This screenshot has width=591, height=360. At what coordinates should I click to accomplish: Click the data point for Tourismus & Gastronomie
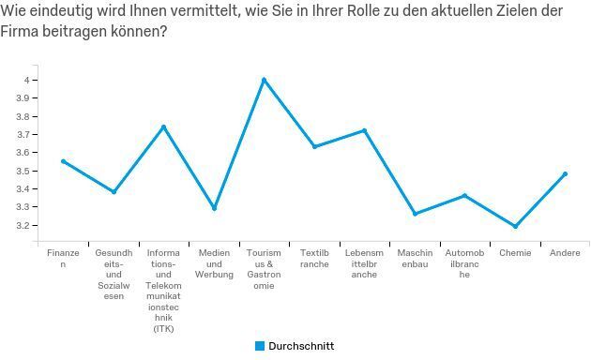click(264, 80)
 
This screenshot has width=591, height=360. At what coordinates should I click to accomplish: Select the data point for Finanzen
click(64, 161)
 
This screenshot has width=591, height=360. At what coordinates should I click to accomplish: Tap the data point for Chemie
click(515, 226)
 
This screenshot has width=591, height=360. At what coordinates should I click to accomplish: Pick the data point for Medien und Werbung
click(214, 208)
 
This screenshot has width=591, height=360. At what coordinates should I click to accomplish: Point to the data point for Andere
click(565, 173)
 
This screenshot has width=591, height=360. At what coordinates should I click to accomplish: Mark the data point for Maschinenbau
click(415, 214)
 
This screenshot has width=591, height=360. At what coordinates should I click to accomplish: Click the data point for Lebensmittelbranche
click(364, 130)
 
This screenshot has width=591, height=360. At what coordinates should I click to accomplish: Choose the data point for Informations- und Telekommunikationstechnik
click(163, 127)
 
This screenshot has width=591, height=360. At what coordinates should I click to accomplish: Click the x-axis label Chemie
click(515, 253)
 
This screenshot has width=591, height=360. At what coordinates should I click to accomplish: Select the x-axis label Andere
click(565, 253)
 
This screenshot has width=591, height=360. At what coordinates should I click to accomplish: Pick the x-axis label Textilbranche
click(314, 259)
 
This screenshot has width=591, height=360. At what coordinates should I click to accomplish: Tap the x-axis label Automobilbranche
click(464, 263)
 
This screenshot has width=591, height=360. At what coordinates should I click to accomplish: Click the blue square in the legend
click(260, 346)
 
